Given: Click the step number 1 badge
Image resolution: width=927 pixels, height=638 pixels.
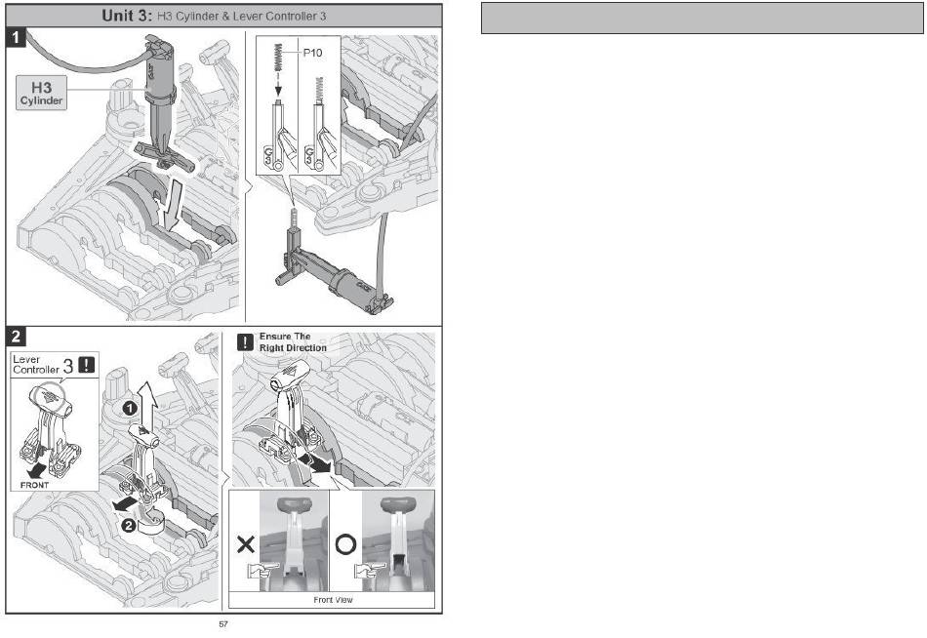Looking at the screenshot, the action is coord(16,37).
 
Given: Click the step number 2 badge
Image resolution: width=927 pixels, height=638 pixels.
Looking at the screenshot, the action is coord(16,336).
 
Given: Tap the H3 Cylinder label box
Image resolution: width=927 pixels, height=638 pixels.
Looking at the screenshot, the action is coord(41,94).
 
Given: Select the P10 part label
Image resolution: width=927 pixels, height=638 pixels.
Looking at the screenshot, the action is coord(312,53).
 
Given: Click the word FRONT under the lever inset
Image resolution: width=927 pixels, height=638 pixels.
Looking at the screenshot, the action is coord(35,485).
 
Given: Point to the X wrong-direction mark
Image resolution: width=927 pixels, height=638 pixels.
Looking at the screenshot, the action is coord(245,544).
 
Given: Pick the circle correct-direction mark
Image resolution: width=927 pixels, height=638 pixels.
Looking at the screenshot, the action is coord(345,544).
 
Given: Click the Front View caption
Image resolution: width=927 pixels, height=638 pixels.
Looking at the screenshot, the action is coord(333,600).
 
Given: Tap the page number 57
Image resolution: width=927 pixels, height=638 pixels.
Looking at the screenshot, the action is coord(223,623).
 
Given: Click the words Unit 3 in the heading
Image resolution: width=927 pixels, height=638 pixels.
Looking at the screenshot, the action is coord(127,16).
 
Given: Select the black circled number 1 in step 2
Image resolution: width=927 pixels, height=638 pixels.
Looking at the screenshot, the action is coord(130,408).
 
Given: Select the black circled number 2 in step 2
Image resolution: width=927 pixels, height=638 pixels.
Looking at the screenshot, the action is coord(129,524).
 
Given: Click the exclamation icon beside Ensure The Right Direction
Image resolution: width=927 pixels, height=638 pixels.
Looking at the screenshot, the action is coord(245,341).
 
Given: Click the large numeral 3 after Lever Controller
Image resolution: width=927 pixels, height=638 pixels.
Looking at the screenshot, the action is coord(68,366).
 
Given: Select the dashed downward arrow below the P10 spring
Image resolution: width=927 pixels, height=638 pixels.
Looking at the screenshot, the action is coord(278,83).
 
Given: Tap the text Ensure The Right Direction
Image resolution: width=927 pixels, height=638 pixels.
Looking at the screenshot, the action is coord(293,341).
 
